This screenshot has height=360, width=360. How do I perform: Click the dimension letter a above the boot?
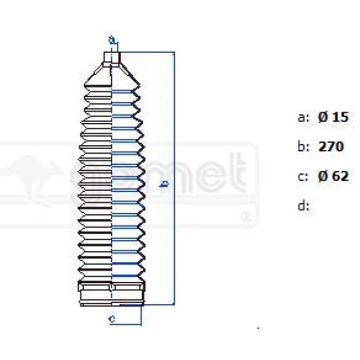pyautogui.click(x=112, y=40)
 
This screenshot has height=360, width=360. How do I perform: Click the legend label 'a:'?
pyautogui.click(x=304, y=118)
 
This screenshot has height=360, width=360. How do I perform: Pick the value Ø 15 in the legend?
pyautogui.click(x=333, y=117)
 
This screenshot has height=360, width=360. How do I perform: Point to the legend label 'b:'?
pyautogui.click(x=304, y=146)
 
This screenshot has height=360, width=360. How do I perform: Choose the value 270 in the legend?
pyautogui.click(x=331, y=146)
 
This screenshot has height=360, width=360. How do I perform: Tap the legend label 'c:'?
pyautogui.click(x=304, y=176)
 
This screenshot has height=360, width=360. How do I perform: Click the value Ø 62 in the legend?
pyautogui.click(x=333, y=176)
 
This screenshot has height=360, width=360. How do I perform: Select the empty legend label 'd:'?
pyautogui.click(x=304, y=206)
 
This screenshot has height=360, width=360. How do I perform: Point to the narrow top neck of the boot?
pyautogui.click(x=112, y=58)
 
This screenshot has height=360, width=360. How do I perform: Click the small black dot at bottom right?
pyautogui.click(x=258, y=328)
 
